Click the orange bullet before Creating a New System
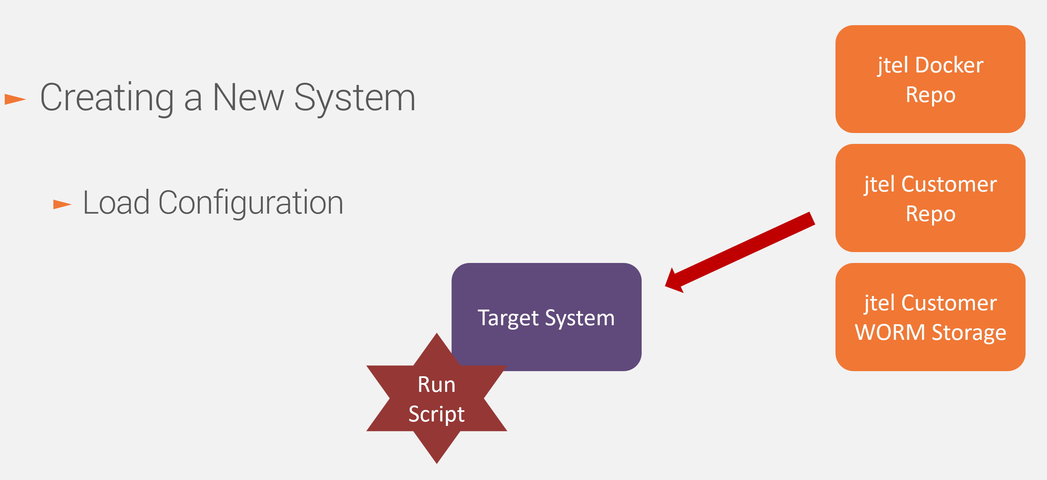tap(15, 99)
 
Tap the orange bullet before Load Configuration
tap(63, 204)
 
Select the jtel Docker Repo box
tap(930, 79)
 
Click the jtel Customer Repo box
tap(930, 198)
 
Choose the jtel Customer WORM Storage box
tap(930, 317)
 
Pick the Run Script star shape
tap(437, 399)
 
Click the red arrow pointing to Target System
tap(740, 252)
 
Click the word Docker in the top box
tap(949, 65)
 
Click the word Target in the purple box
tap(508, 318)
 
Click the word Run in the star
tap(437, 384)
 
